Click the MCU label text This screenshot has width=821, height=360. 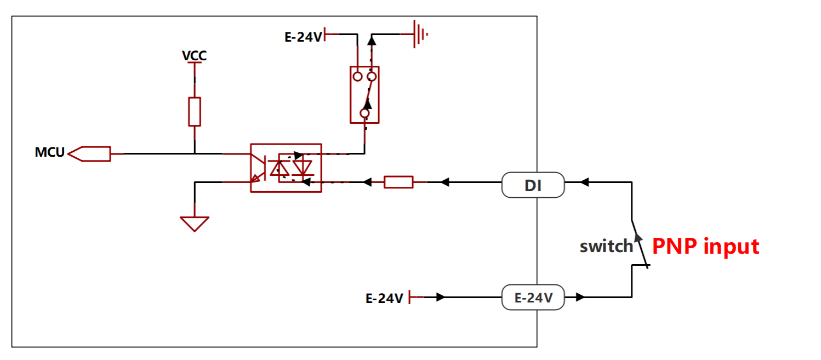(49, 152)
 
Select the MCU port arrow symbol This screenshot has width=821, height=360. (89, 154)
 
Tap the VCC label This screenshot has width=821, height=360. (194, 55)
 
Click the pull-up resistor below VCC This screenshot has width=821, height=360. (195, 112)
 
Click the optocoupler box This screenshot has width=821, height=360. (250, 168)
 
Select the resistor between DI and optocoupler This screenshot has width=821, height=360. (399, 182)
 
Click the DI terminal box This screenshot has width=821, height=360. (533, 185)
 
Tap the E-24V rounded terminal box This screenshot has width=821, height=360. (533, 298)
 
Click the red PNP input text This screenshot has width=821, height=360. (705, 247)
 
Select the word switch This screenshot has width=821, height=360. (606, 246)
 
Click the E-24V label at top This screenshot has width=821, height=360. (303, 37)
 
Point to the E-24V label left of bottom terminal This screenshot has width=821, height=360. (385, 299)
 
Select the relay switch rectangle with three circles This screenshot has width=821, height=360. (350, 95)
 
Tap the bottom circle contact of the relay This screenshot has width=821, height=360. (364, 113)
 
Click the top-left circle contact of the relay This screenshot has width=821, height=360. (358, 77)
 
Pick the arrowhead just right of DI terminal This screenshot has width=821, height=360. (584, 182)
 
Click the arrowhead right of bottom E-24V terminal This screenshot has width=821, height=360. (580, 298)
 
